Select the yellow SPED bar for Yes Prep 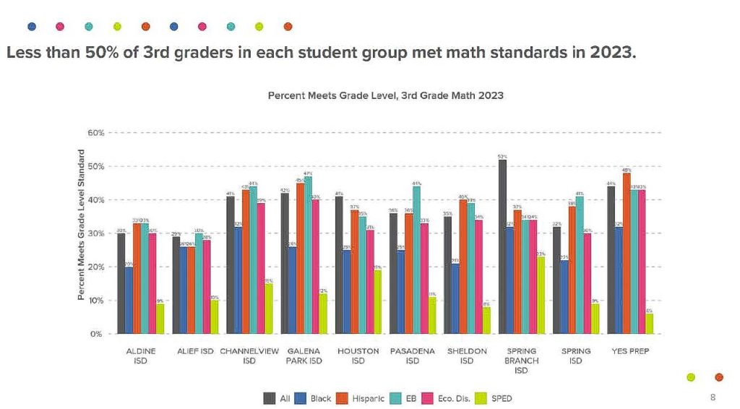coord(650,324)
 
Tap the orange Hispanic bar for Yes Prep coord(626,254)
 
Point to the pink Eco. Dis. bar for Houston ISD coord(370,282)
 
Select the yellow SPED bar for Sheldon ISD coord(487,321)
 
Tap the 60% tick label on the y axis coord(97,133)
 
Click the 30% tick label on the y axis coord(97,233)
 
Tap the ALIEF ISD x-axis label coord(195,351)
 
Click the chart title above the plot coord(385,95)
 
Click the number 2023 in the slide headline coord(611,54)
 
